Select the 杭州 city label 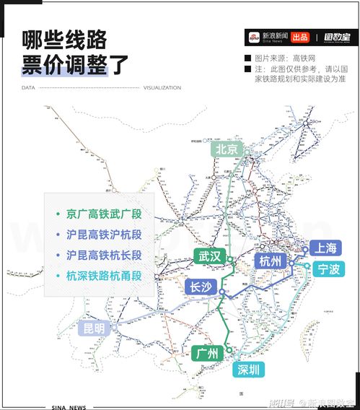point(271,261)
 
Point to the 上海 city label point(322,248)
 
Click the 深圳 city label point(247,370)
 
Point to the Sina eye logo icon point(253,37)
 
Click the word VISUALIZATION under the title point(162,88)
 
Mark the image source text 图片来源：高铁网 point(286,58)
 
